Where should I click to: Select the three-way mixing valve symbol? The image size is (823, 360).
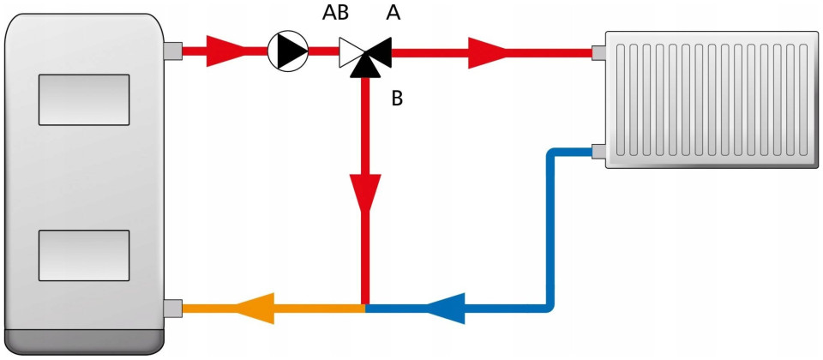[364, 54]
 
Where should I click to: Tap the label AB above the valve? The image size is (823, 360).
[335, 15]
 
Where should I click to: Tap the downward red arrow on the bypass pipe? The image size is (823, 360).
[366, 193]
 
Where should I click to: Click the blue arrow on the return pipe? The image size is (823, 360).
[446, 307]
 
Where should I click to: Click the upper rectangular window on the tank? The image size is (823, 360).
[83, 99]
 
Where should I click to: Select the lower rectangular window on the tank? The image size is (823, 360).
[83, 255]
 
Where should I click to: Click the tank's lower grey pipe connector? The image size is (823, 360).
[172, 307]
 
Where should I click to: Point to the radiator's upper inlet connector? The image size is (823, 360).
[598, 52]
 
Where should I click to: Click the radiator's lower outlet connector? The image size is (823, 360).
[598, 153]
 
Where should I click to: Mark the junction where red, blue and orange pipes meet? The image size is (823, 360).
[366, 306]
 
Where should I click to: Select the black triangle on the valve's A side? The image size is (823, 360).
[381, 51]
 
